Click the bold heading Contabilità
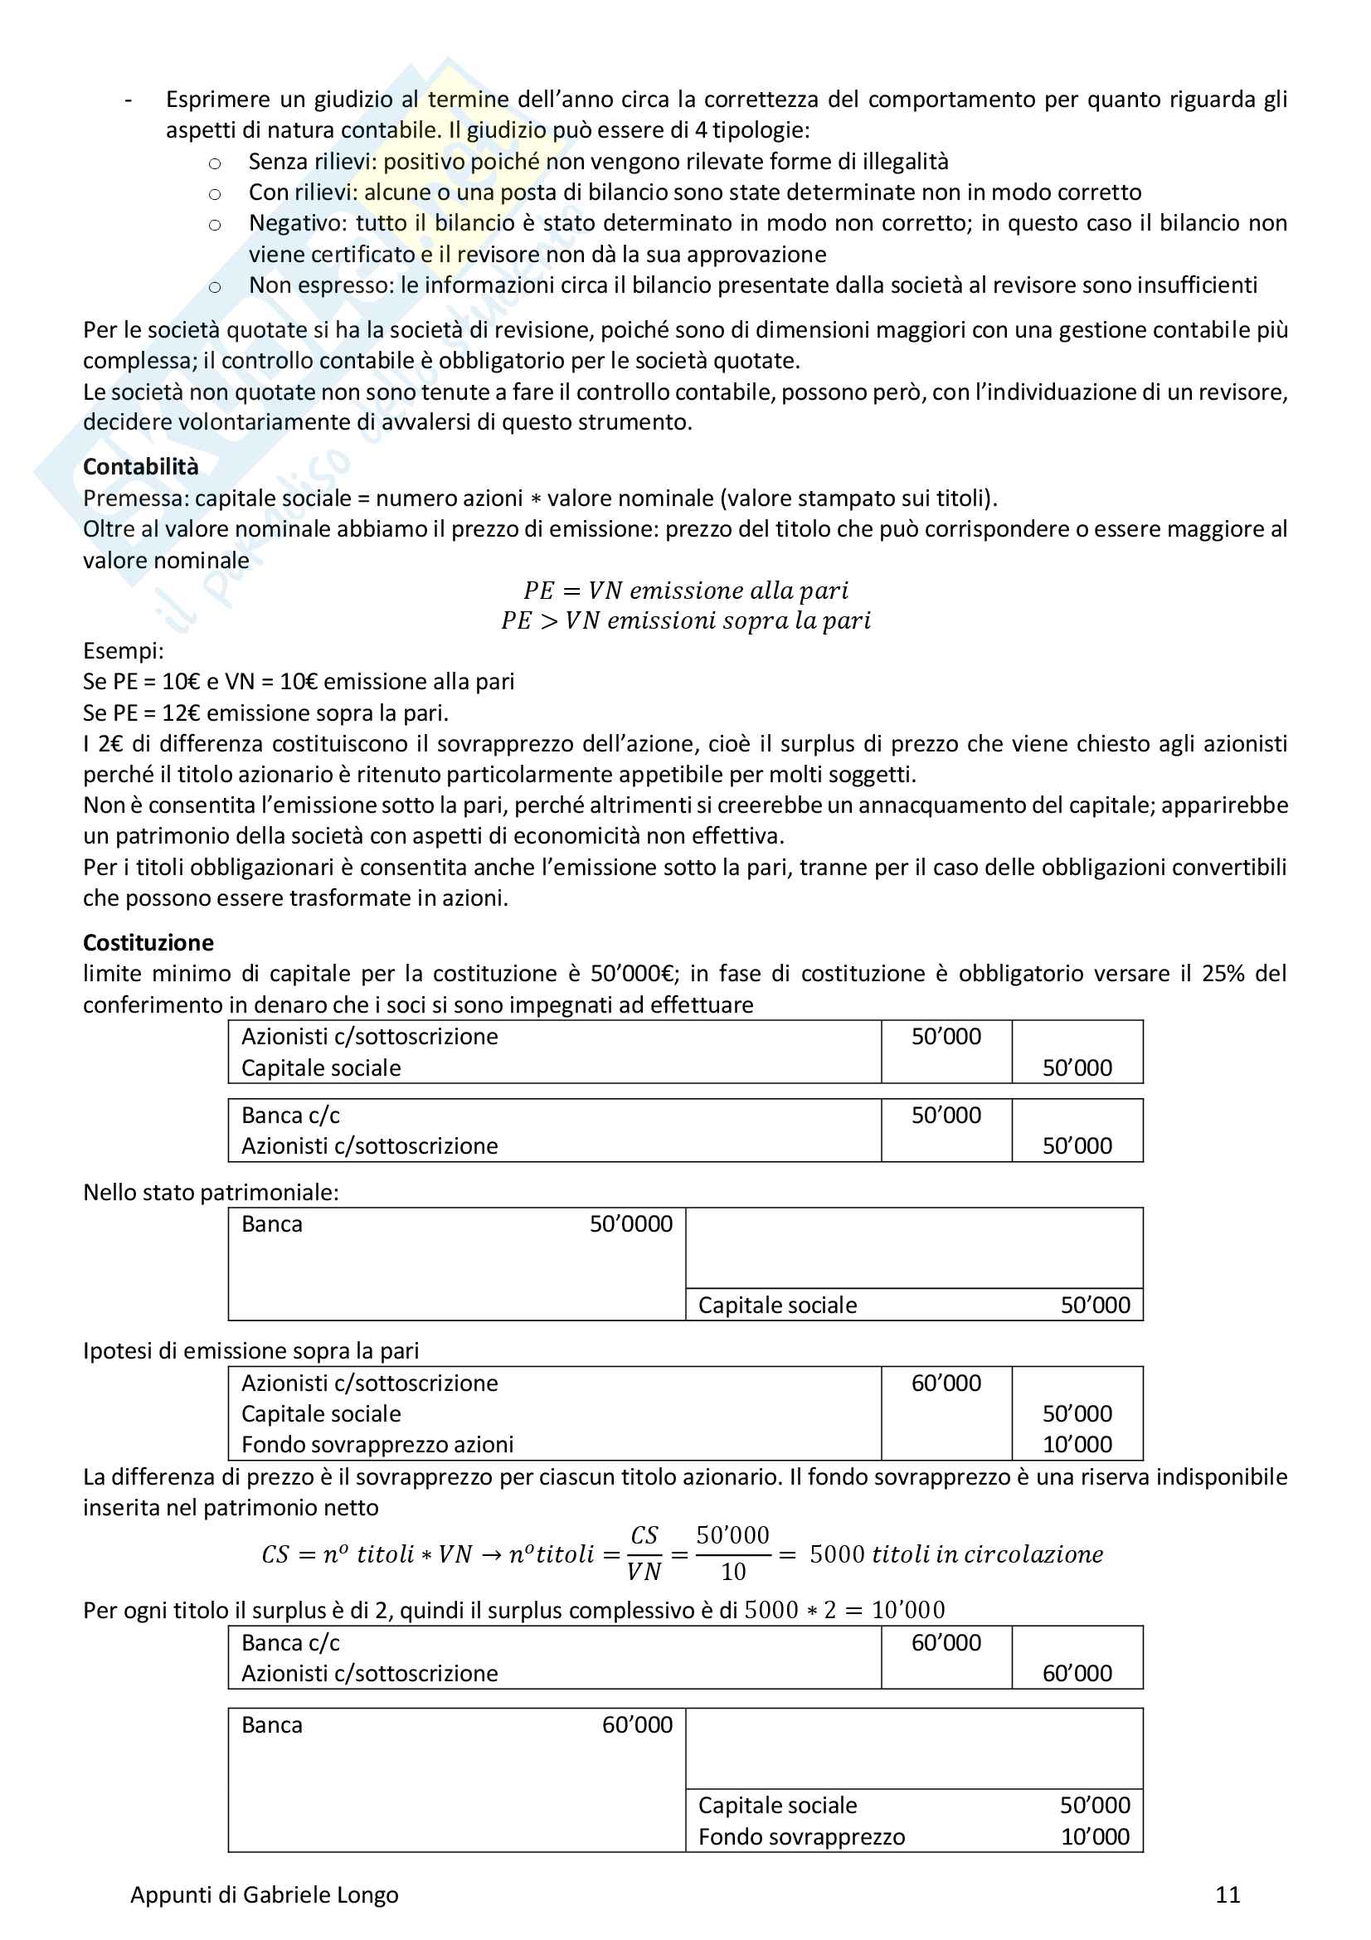point(140,466)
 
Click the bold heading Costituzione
point(148,942)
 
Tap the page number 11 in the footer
point(1227,1894)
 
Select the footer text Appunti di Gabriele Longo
point(264,1894)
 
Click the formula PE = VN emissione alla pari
point(685,590)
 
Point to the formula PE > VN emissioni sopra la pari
point(685,620)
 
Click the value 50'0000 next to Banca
point(630,1223)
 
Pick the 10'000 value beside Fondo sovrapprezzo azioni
point(1077,1444)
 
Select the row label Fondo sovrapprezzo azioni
point(377,1444)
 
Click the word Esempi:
point(124,650)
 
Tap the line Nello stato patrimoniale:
point(211,1192)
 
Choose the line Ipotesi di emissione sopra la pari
point(250,1350)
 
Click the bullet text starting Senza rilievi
point(598,162)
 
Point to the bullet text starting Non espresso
point(751,284)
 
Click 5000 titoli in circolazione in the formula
point(955,1553)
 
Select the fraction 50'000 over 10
point(732,1553)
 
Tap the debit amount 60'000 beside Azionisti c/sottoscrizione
point(946,1383)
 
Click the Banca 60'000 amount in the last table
point(637,1724)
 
